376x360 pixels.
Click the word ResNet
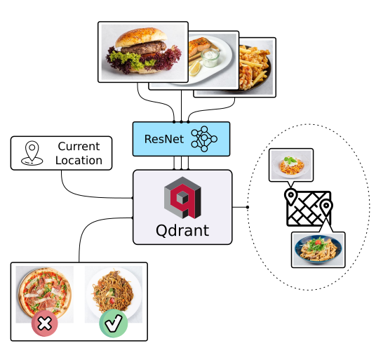coord(164,139)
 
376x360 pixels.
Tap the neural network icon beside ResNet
coord(204,139)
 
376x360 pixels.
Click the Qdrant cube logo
coord(182,198)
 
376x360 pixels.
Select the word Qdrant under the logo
coord(182,230)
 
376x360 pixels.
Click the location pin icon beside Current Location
coord(32,153)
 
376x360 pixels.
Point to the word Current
coord(79,146)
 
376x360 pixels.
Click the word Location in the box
coord(79,160)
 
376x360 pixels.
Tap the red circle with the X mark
coord(45,324)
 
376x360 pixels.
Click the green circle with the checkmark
coord(114,324)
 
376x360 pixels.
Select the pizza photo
coord(45,294)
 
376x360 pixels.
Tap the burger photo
coord(143,52)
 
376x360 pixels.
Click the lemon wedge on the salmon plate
coord(195,68)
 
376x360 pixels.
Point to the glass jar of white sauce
coord(210,58)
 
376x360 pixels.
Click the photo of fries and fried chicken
coord(255,67)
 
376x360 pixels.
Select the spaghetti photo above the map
coord(291,165)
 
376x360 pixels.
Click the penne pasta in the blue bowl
coord(318,250)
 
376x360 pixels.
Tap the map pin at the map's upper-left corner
coord(290,196)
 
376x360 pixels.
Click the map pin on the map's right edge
coord(326,208)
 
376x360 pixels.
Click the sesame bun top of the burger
coord(141,36)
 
